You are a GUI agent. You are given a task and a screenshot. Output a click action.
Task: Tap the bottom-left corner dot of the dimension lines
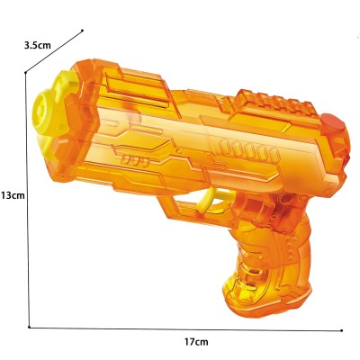click(x=30, y=326)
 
